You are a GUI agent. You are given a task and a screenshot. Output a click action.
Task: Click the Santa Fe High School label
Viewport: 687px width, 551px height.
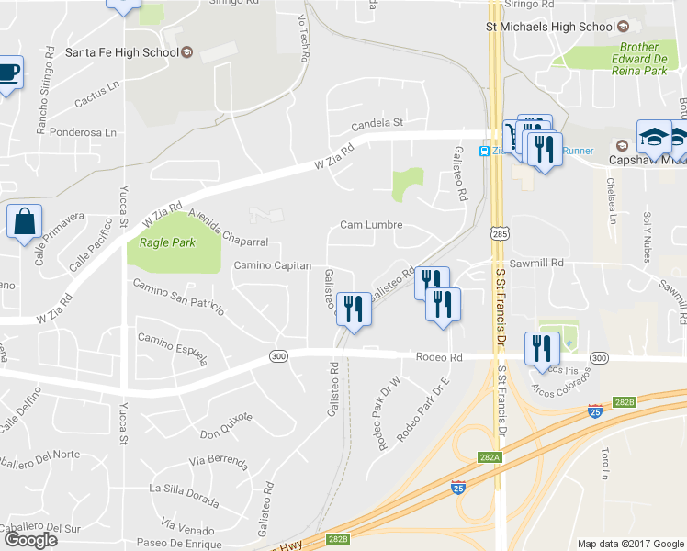point(121,52)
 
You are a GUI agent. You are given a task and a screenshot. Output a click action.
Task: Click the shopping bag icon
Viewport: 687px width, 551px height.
point(23,222)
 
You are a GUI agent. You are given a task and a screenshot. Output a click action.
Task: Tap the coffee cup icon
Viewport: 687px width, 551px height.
point(8,73)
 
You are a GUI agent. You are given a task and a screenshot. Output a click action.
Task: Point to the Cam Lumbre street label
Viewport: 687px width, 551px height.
point(371,225)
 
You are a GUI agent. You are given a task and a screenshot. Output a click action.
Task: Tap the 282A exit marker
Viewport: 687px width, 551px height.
point(490,457)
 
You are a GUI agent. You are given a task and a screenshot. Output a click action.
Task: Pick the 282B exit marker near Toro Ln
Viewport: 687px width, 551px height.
point(625,401)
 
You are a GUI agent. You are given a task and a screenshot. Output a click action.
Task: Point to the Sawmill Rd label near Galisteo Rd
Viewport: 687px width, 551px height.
point(538,262)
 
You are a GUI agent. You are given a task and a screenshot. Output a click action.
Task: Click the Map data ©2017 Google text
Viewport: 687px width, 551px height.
point(629,544)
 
